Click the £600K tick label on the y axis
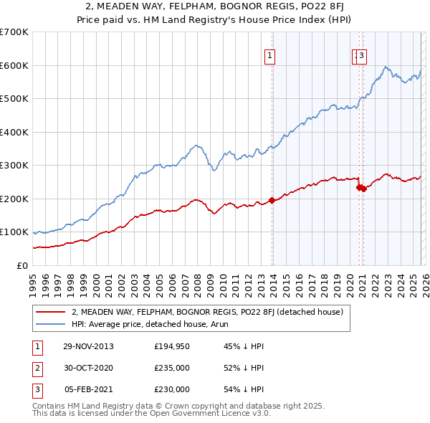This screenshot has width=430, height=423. pos(14,65)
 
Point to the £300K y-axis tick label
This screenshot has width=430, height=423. pos(14,165)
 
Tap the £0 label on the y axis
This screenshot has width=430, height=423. pos(21,265)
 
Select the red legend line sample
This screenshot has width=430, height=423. pos(50,312)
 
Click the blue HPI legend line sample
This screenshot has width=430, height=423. pos(50,324)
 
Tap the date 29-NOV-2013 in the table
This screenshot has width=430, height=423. pos(89,346)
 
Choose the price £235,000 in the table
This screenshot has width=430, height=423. pos(172,368)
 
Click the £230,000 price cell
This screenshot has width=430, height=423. pos(172,389)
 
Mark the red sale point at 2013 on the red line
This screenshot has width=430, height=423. pos(272,201)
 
